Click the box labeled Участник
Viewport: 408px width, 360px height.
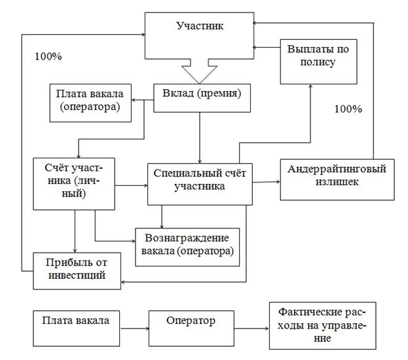pyautogui.click(x=199, y=35)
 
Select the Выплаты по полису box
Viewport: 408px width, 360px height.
pyautogui.click(x=318, y=62)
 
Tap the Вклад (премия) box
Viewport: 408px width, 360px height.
pyautogui.click(x=202, y=98)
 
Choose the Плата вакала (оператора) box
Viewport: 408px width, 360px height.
pyautogui.click(x=90, y=103)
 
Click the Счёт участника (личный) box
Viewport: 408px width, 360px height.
pyautogui.click(x=74, y=184)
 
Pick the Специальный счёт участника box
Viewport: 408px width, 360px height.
pyautogui.click(x=200, y=184)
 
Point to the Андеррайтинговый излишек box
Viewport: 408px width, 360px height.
pyautogui.click(x=337, y=180)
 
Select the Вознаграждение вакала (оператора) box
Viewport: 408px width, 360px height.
pyautogui.click(x=187, y=247)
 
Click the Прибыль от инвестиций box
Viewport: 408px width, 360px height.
pyautogui.click(x=77, y=271)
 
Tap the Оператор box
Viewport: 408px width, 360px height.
pyautogui.click(x=191, y=329)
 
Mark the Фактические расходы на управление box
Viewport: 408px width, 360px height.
pyautogui.click(x=323, y=326)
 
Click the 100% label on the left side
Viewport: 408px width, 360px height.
pyautogui.click(x=48, y=56)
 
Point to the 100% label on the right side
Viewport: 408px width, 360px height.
pyautogui.click(x=348, y=109)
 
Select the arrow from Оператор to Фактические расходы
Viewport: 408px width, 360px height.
pyautogui.click(x=251, y=329)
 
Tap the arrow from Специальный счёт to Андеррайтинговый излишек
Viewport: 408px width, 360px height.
pyautogui.click(x=266, y=182)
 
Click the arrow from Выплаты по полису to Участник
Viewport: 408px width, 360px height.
pyautogui.click(x=267, y=47)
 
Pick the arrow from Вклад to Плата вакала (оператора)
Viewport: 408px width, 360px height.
pyautogui.click(x=142, y=100)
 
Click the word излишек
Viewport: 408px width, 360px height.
pyautogui.click(x=337, y=182)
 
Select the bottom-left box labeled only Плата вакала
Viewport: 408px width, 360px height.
pyautogui.click(x=76, y=329)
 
